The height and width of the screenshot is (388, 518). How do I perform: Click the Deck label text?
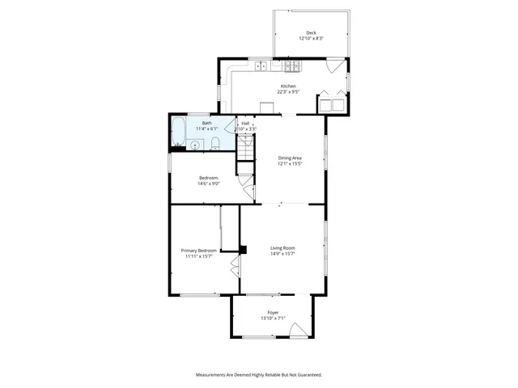[311, 33]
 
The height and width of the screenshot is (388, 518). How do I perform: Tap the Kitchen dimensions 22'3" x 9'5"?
[288, 92]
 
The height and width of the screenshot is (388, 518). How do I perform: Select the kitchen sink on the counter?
[261, 65]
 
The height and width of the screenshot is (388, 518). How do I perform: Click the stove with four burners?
[291, 65]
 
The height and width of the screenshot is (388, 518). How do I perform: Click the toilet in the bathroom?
[215, 144]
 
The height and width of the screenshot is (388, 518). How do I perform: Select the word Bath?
[206, 123]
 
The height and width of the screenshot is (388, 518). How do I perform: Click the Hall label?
[245, 123]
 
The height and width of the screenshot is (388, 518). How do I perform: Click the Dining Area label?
[290, 158]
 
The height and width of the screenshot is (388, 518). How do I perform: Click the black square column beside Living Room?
[242, 249]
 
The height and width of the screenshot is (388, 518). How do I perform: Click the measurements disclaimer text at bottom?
[259, 375]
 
